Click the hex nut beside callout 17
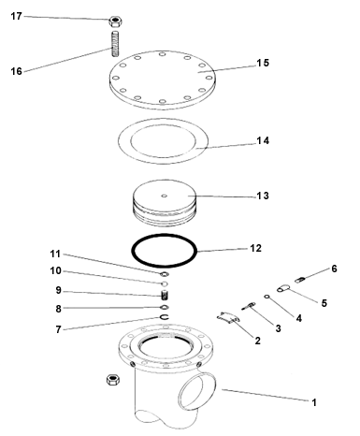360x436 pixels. (115, 22)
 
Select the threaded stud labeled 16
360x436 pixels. (115, 44)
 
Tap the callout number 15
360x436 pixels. (263, 63)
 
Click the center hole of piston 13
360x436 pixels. (165, 196)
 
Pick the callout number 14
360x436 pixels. (263, 140)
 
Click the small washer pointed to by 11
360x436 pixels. (165, 274)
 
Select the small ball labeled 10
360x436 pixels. (165, 283)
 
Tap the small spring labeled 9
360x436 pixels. (165, 295)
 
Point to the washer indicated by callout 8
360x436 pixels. (165, 308)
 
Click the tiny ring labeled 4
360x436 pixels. (266, 297)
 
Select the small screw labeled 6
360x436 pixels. (299, 280)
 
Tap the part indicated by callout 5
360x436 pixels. (283, 288)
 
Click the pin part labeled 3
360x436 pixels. (249, 306)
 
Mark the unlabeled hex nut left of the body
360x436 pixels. (113, 379)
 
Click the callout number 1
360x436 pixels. (314, 402)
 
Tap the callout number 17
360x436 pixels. (16, 16)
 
